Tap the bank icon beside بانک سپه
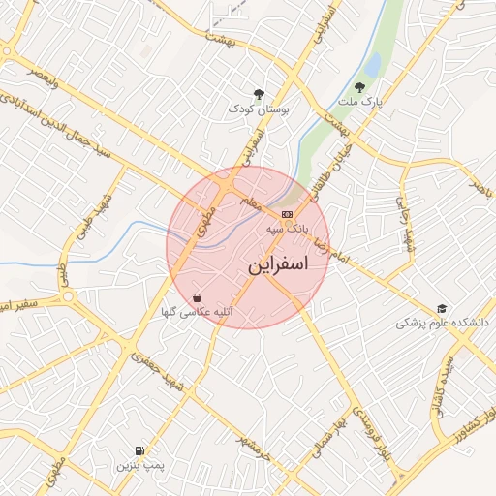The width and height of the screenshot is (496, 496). (x=287, y=214)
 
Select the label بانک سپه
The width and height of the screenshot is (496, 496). (x=286, y=231)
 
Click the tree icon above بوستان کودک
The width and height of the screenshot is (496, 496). (x=259, y=94)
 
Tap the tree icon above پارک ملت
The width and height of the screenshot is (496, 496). (x=373, y=87)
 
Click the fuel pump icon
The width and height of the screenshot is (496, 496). (x=141, y=451)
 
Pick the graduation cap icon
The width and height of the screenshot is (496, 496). (x=442, y=308)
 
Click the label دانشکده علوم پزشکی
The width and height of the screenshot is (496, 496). (x=442, y=324)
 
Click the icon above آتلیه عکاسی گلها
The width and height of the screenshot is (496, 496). (x=198, y=297)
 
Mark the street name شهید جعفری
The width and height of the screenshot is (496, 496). (x=160, y=371)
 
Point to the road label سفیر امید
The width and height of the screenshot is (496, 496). (x=19, y=307)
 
